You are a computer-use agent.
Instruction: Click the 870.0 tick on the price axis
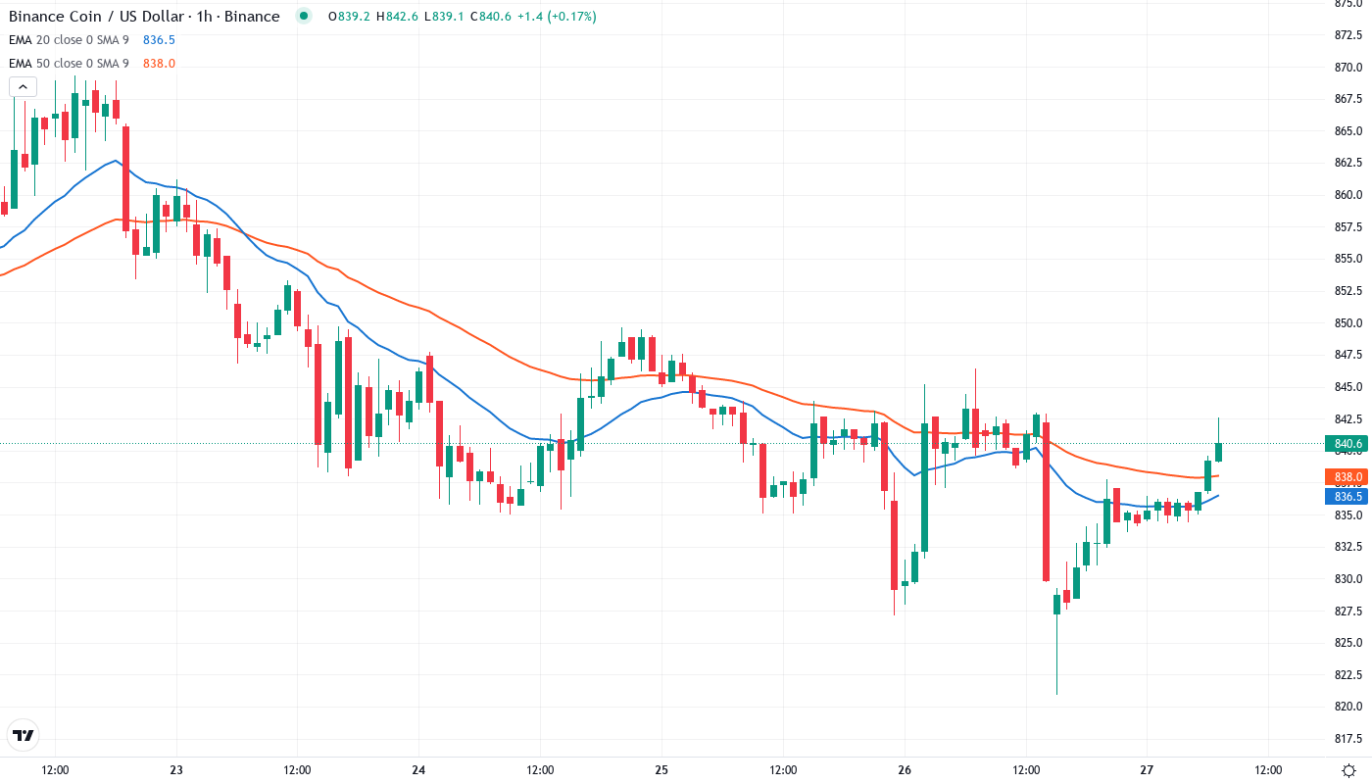(1348, 67)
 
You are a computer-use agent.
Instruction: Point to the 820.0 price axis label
(1348, 707)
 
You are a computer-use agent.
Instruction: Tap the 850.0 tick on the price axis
(1348, 322)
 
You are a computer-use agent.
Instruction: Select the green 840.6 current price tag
(1348, 444)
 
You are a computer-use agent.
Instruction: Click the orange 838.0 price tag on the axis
(1348, 477)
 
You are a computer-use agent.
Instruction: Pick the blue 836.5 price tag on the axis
(1348, 496)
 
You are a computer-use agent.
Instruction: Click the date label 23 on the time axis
(176, 770)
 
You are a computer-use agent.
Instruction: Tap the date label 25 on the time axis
(661, 770)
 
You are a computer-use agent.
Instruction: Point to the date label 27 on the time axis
(1148, 770)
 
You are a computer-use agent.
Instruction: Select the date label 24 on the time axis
(418, 770)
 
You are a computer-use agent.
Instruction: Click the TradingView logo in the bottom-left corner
(23, 735)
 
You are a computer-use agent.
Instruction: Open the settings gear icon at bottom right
(1349, 770)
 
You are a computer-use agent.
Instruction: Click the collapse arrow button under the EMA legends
(23, 87)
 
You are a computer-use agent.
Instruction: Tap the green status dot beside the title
(304, 16)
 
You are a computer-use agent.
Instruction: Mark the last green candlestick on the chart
(1218, 451)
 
